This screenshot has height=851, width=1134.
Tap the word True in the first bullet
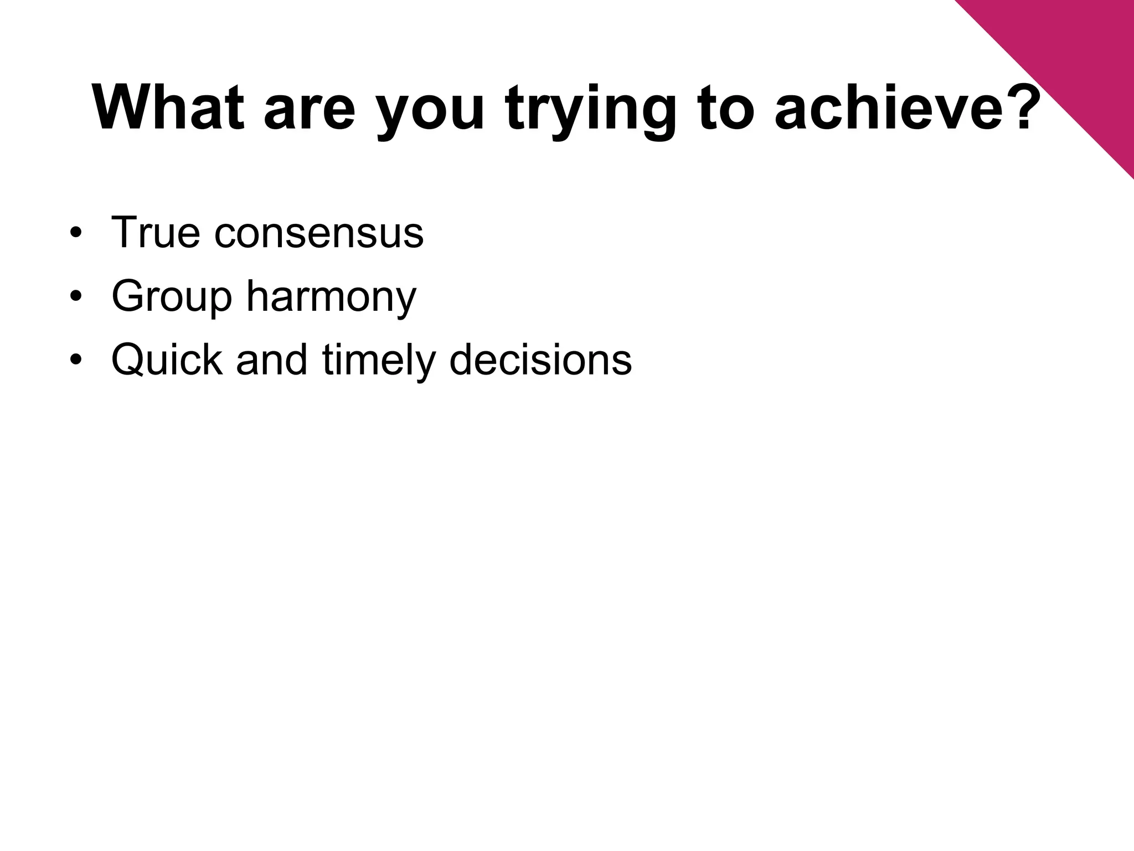click(x=156, y=232)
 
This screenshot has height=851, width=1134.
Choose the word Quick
click(x=167, y=360)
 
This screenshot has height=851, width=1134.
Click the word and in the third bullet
click(x=271, y=360)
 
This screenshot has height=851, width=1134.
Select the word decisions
click(x=540, y=360)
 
